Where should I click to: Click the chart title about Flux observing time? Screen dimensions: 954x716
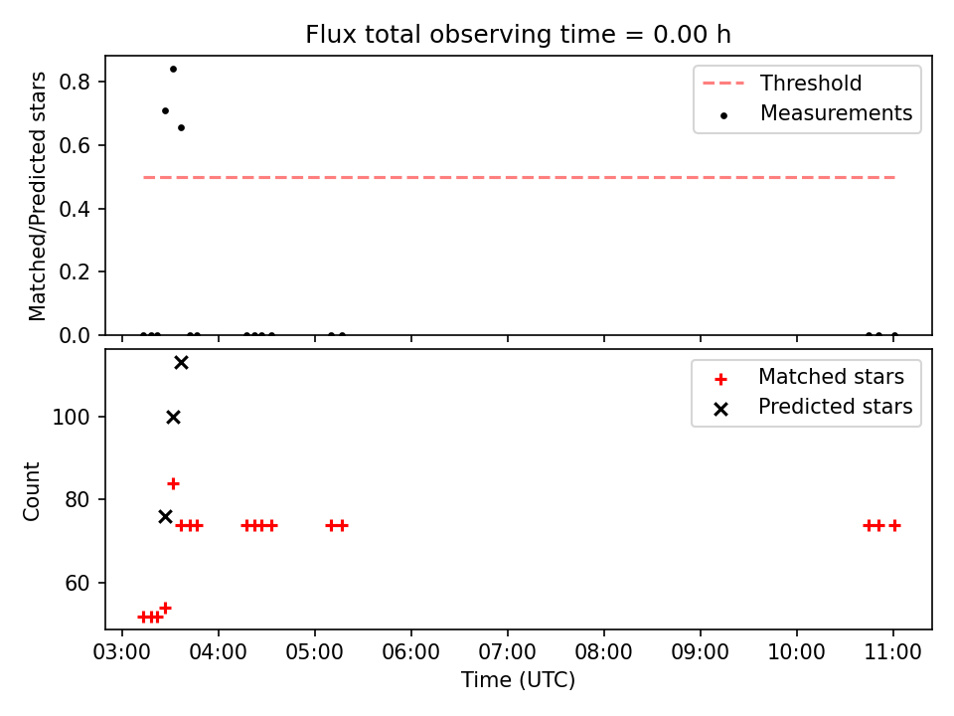[x=518, y=35]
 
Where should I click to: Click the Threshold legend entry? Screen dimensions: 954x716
[x=782, y=83]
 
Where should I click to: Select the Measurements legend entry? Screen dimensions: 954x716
[x=816, y=113]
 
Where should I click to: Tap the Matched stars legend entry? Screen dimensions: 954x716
[x=809, y=377]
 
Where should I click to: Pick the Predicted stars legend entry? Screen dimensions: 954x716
[x=813, y=407]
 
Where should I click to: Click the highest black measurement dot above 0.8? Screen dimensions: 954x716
[x=173, y=70]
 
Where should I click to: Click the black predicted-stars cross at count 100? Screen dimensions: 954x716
[x=173, y=417]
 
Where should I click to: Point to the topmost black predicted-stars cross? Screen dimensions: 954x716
[x=181, y=363]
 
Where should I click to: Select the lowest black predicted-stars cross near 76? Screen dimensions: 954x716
[x=166, y=517]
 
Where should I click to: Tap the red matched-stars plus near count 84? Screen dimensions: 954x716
[x=173, y=484]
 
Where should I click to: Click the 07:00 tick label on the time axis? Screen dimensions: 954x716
[x=508, y=652]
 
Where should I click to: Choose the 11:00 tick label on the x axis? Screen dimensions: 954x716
[x=893, y=652]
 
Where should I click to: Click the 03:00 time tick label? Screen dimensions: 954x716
[x=121, y=652]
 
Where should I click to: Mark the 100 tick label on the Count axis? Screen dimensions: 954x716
[x=72, y=417]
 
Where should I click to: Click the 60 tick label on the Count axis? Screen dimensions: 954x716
[x=78, y=584]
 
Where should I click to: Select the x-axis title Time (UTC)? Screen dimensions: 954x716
[x=518, y=680]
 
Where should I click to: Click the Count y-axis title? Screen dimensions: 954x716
[x=31, y=490]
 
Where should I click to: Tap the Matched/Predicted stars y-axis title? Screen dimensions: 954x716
[x=37, y=196]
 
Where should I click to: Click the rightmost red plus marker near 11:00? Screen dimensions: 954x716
[x=894, y=525]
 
